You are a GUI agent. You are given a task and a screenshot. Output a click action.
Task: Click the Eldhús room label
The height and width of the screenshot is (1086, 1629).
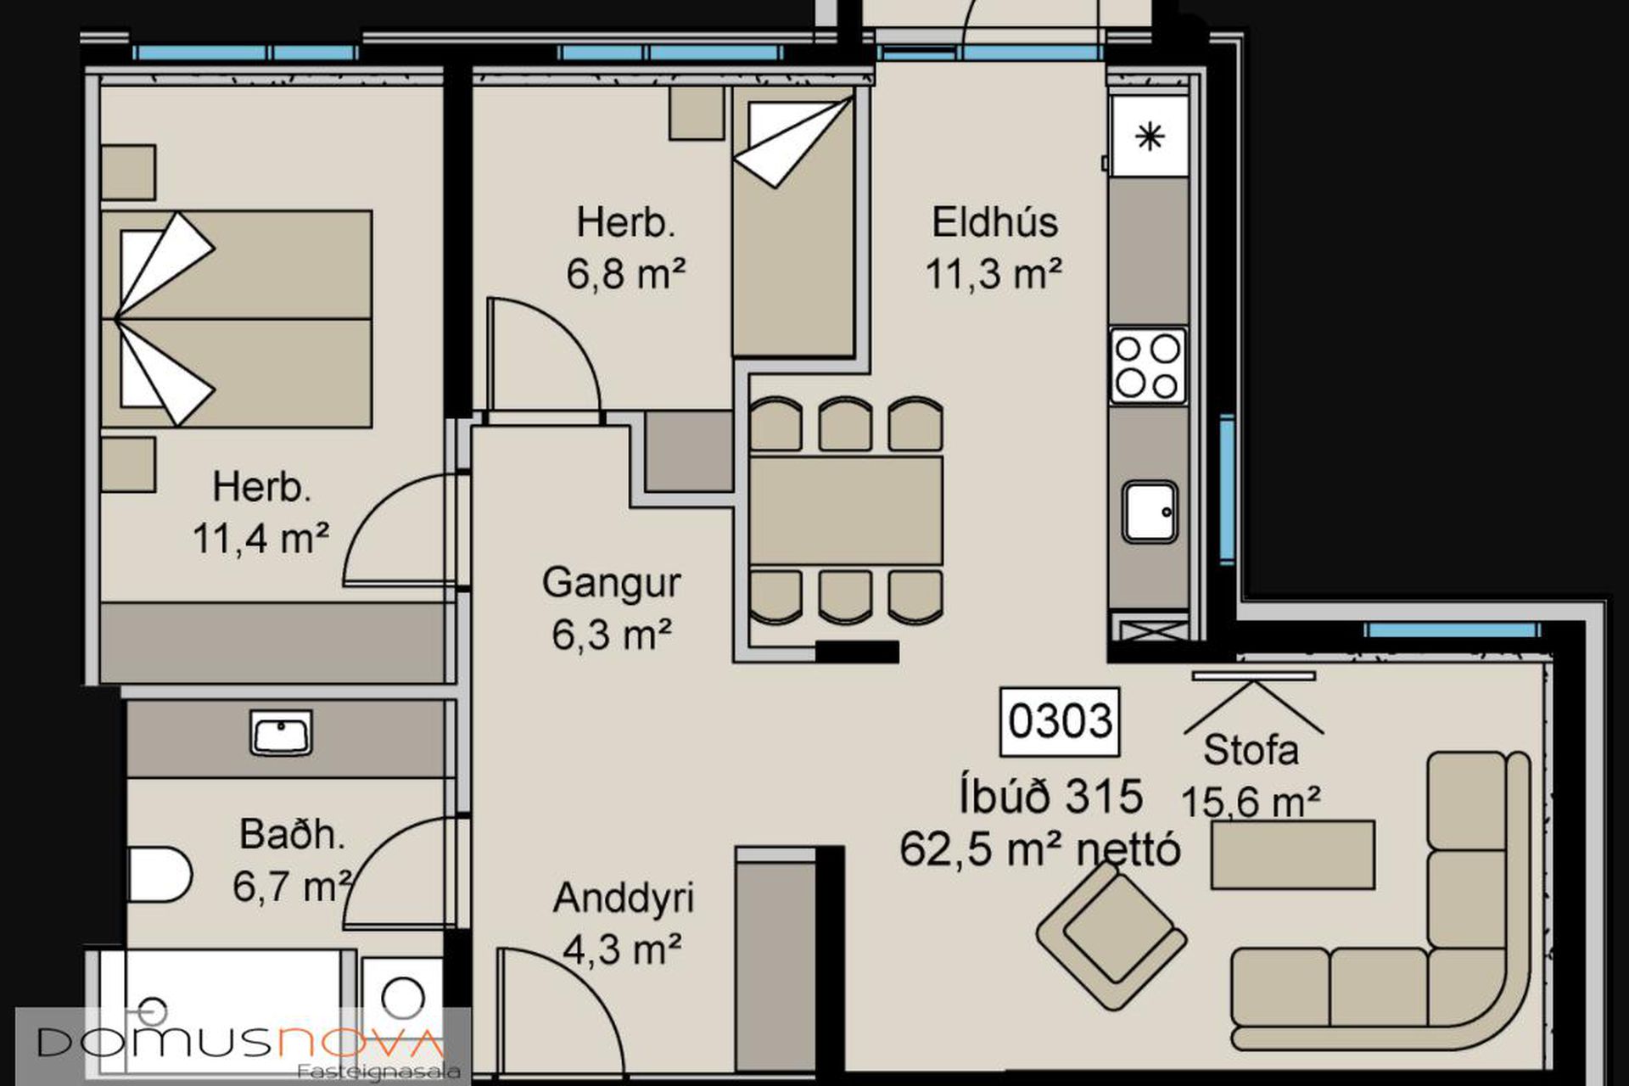994,222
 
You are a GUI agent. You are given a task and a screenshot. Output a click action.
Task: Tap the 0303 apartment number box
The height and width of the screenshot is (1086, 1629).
1060,722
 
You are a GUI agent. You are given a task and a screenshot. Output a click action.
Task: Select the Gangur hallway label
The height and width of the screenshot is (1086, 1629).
611,584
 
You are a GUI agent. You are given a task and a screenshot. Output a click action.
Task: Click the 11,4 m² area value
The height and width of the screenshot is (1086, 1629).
261,538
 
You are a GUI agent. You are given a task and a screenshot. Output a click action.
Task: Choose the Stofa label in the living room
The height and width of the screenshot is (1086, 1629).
1251,750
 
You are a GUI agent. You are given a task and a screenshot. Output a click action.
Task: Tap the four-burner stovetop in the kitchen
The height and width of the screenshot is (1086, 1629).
1148,366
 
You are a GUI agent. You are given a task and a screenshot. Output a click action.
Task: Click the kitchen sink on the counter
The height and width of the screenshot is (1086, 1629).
1150,512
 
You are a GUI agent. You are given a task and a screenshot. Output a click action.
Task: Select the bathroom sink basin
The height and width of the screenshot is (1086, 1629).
281,732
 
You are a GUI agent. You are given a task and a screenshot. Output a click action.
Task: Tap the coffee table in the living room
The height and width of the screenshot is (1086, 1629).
1292,854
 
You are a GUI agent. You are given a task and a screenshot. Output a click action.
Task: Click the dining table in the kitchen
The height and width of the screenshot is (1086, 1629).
846,511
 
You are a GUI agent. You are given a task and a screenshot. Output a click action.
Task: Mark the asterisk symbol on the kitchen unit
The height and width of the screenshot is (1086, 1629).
1150,137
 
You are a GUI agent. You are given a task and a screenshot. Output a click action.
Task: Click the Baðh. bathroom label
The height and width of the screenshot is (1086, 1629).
293,835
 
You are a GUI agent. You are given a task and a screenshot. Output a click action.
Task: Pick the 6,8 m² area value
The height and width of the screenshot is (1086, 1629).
626,274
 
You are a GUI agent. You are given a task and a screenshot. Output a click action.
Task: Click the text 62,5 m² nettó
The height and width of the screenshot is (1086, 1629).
1040,849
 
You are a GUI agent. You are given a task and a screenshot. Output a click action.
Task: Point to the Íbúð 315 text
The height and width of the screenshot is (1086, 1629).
1051,796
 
